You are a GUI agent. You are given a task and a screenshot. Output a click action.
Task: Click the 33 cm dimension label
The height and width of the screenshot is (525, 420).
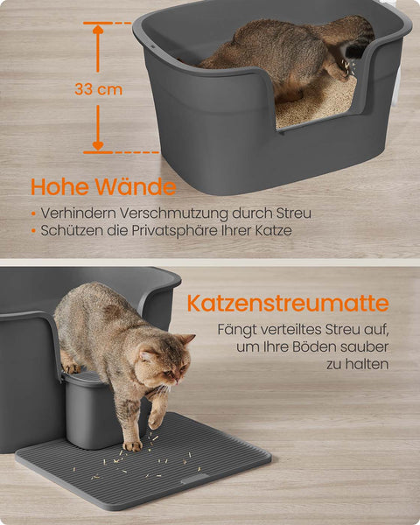click(98, 89)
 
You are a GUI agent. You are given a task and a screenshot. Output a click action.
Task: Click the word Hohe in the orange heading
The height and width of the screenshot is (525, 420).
click(62, 187)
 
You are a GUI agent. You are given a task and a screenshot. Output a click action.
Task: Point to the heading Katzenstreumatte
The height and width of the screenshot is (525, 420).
click(287, 304)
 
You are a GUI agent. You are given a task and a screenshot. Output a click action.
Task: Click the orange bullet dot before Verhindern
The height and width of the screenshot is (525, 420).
click(33, 213)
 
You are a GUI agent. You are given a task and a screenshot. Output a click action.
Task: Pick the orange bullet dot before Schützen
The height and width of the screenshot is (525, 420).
click(33, 230)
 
